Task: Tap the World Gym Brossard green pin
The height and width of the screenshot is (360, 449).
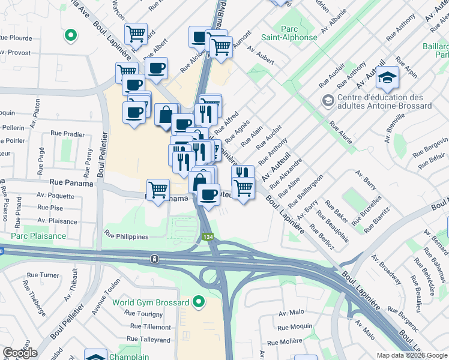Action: pos(199,302)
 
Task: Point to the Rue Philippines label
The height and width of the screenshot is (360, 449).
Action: pos(126,236)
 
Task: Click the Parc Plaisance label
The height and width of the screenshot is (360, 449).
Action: pos(38,236)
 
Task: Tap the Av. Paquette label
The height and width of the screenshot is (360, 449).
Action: pos(55,195)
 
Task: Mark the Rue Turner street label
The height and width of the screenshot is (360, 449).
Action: pos(41,275)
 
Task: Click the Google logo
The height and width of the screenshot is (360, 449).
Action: pos(20,353)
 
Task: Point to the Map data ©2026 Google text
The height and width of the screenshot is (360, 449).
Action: pos(411,355)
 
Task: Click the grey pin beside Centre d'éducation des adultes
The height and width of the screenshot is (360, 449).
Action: pos(328,100)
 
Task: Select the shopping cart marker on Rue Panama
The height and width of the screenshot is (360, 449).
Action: pos(158,190)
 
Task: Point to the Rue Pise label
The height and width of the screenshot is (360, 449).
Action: pos(50,208)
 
